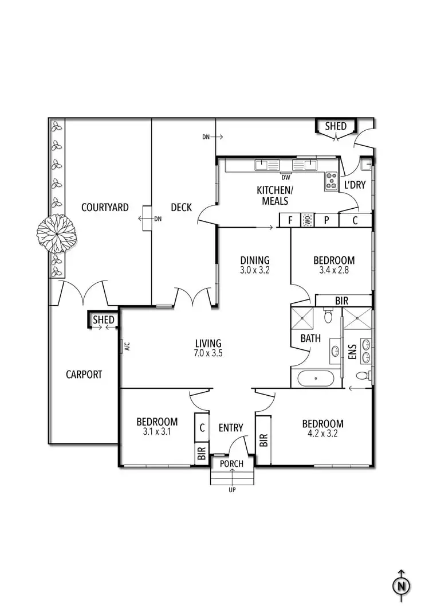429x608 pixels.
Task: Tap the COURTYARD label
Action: [x=105, y=208]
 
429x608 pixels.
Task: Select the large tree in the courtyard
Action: [x=57, y=234]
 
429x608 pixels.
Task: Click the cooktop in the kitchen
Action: [x=331, y=181]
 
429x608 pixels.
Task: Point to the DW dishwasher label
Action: [x=286, y=178]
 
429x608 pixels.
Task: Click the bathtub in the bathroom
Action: [x=316, y=379]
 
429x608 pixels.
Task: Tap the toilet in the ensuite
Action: [x=363, y=375]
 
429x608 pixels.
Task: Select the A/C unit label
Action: [x=127, y=346]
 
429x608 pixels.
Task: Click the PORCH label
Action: [x=231, y=464]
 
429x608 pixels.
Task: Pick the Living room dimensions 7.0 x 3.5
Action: [x=208, y=353]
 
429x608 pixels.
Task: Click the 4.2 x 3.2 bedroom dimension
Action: [x=322, y=433]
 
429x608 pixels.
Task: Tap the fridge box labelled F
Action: [x=290, y=220]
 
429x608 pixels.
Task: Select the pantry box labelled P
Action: [x=326, y=220]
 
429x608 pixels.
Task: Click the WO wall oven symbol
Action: [x=308, y=220]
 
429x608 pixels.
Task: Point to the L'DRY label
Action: [x=355, y=185]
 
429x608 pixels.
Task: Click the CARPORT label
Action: [x=84, y=375]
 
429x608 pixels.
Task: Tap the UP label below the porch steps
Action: [x=232, y=490]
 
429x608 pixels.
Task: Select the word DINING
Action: [x=255, y=260]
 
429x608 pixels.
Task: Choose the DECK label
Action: [x=181, y=208]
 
